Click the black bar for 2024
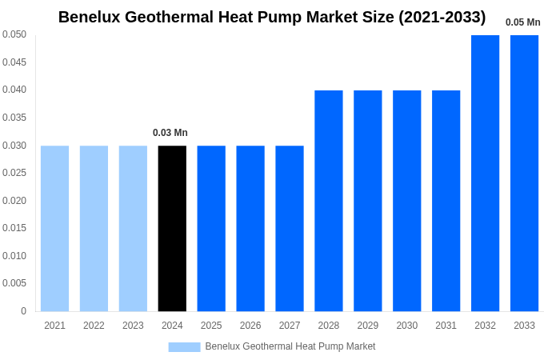(172, 228)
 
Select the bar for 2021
(54, 228)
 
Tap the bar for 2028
(329, 200)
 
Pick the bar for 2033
(524, 173)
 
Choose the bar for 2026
(250, 228)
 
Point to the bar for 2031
(446, 200)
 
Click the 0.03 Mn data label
(170, 133)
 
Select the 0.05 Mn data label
(522, 22)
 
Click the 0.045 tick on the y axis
(14, 62)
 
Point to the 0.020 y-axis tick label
(14, 201)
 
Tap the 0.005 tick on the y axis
(14, 283)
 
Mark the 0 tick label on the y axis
(23, 311)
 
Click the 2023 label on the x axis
(133, 326)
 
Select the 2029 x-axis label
(368, 326)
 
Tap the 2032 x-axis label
(485, 326)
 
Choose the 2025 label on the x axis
(211, 326)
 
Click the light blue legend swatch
(184, 346)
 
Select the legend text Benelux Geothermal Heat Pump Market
(290, 346)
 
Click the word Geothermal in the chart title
(171, 17)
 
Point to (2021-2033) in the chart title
(442, 17)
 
